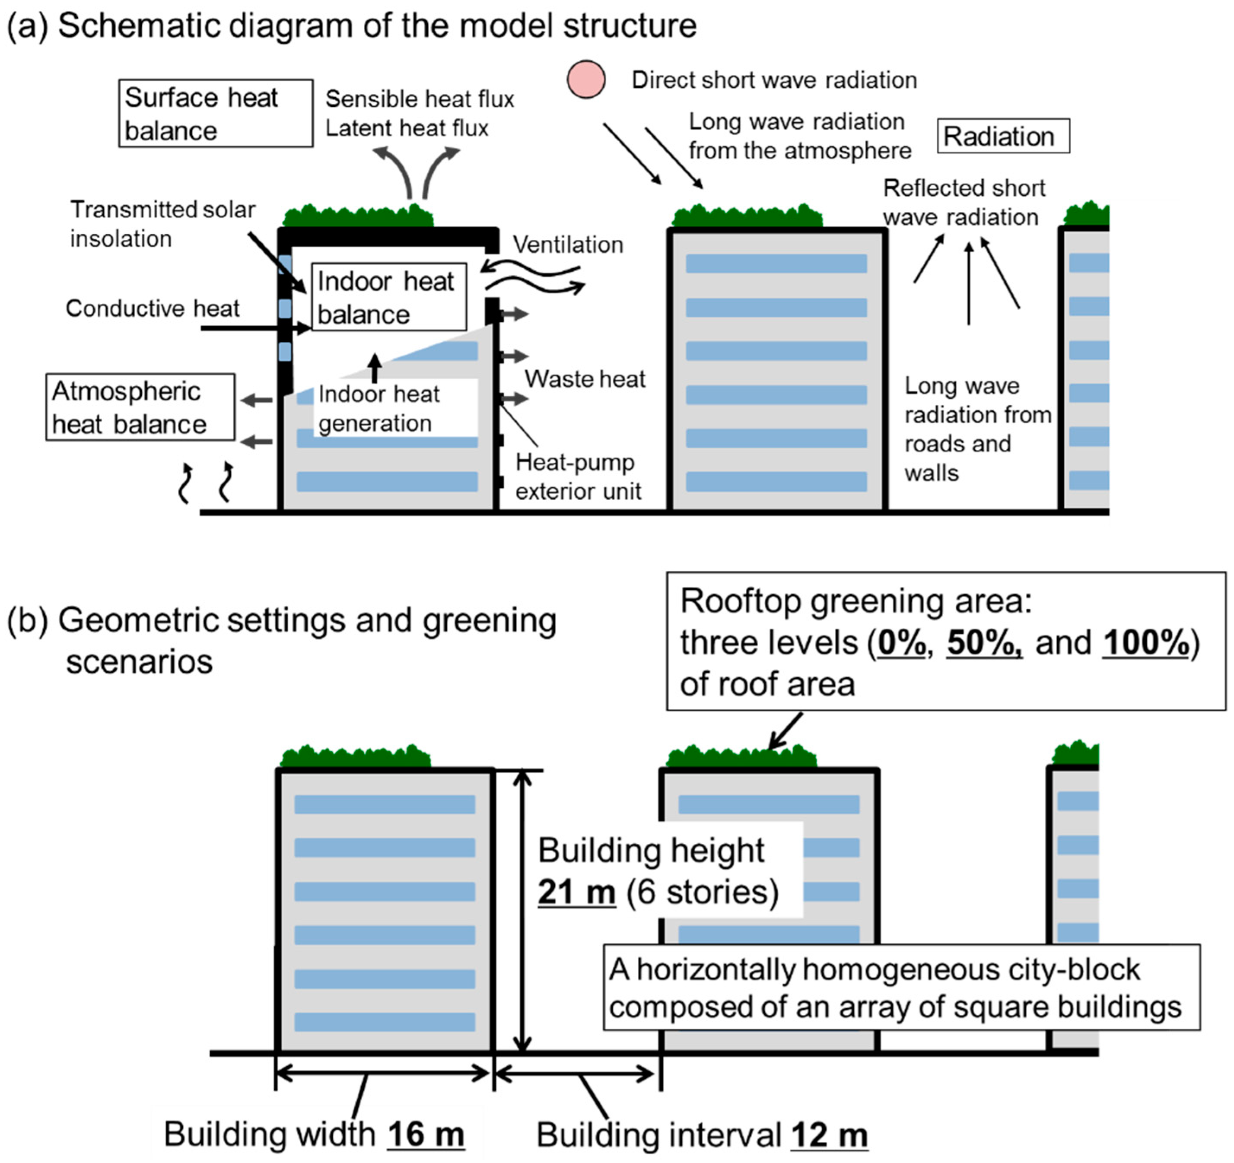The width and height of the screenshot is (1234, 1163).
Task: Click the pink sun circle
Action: tap(585, 79)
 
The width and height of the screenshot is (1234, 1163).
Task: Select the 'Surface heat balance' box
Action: tap(216, 114)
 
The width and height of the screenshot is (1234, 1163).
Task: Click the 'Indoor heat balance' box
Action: tap(388, 297)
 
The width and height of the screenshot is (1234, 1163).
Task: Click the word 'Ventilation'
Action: tap(567, 245)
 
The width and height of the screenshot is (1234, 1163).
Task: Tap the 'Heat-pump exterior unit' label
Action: tap(577, 477)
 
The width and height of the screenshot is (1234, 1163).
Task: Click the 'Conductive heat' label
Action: tap(153, 308)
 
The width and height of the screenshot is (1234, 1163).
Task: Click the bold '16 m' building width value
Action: tap(426, 1134)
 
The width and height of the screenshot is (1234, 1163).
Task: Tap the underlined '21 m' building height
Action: tap(577, 892)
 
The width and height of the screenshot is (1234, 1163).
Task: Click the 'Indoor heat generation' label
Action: tap(378, 408)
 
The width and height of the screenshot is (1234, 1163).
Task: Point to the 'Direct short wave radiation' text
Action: tap(773, 80)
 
